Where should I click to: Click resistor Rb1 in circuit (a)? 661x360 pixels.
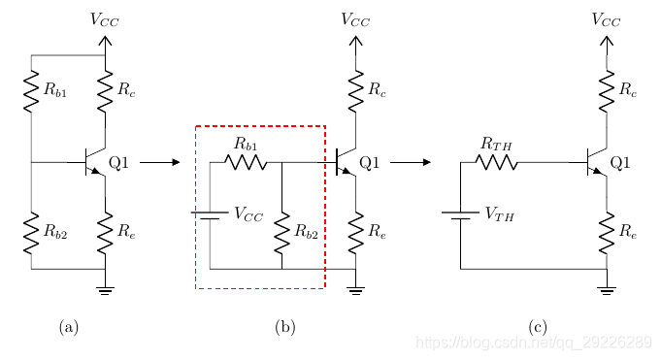31,91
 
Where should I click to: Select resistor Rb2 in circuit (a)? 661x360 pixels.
31,233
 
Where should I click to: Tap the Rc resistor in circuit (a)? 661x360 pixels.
105,91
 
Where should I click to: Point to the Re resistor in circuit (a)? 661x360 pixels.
105,233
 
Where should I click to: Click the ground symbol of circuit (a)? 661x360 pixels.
105,290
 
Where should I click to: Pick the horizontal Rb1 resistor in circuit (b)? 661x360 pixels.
246,162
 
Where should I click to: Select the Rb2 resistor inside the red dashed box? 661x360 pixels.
282,233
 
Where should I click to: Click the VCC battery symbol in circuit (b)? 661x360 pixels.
210,215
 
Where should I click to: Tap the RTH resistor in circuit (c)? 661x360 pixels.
497,162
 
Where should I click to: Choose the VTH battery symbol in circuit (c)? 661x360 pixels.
460,215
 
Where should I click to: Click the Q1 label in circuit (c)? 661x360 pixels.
620,162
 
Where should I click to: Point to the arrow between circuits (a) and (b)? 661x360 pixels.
160,162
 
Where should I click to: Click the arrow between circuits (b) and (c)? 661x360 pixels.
411,162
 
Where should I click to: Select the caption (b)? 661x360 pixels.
285,327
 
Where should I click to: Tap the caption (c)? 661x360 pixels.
538,327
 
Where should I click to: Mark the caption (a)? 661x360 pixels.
69,327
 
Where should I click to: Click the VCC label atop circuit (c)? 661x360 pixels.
606,19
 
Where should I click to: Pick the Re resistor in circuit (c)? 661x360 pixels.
607,233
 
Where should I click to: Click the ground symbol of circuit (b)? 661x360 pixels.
356,290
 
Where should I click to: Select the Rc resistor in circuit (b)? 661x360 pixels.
356,91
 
